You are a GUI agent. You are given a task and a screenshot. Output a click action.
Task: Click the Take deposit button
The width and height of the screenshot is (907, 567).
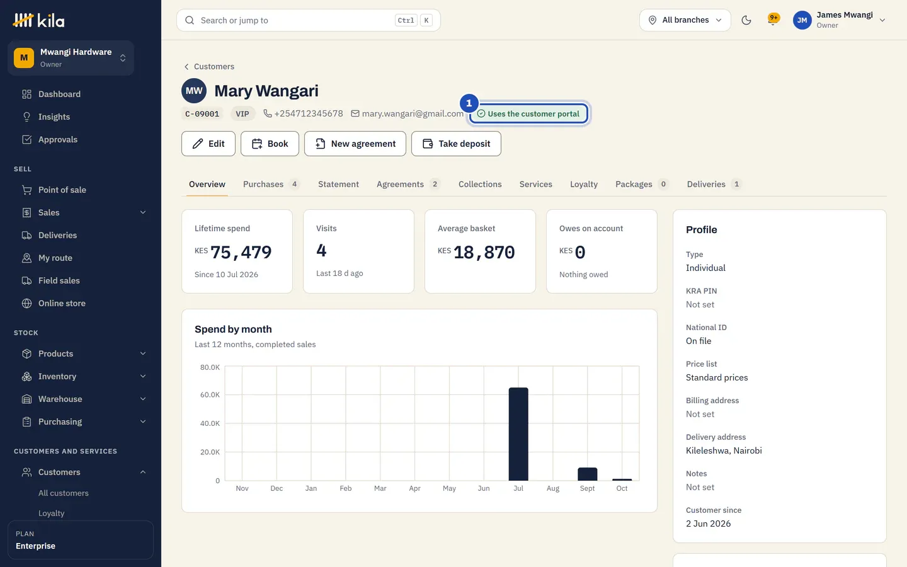click(456, 144)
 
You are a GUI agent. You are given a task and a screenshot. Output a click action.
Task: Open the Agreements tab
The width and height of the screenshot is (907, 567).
click(408, 184)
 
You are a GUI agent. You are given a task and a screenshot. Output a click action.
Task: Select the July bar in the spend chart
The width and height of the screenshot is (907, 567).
click(518, 433)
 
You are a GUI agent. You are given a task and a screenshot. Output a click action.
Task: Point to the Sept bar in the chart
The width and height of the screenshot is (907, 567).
click(587, 474)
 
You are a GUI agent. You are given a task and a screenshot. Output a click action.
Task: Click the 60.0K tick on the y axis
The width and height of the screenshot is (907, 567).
click(210, 394)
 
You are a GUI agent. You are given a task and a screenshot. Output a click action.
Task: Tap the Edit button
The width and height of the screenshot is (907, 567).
click(208, 144)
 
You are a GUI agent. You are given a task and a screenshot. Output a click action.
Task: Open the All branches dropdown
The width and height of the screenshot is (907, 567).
click(685, 20)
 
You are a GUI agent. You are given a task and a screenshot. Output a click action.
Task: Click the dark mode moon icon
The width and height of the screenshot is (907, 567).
click(746, 20)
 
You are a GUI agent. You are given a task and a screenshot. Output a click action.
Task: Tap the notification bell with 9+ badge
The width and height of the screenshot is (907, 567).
click(773, 20)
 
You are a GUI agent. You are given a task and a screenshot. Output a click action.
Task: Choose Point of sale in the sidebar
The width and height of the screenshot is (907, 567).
click(62, 190)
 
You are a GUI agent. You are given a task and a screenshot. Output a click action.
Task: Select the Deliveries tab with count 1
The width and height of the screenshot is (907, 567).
click(714, 184)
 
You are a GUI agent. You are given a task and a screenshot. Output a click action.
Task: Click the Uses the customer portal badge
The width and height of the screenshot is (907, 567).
click(528, 114)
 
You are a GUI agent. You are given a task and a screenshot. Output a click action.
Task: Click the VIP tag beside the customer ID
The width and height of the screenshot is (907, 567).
click(242, 114)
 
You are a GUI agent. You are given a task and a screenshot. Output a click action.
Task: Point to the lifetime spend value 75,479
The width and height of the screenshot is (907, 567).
click(241, 252)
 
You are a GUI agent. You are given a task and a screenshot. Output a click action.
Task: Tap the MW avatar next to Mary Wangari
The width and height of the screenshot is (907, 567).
click(194, 91)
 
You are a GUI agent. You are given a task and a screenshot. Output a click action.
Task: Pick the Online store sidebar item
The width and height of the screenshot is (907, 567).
click(62, 303)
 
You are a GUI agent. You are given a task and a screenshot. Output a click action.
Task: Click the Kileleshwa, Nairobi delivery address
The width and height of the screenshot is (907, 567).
click(724, 450)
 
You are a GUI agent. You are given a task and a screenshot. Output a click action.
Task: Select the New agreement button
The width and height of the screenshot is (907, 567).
click(355, 144)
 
